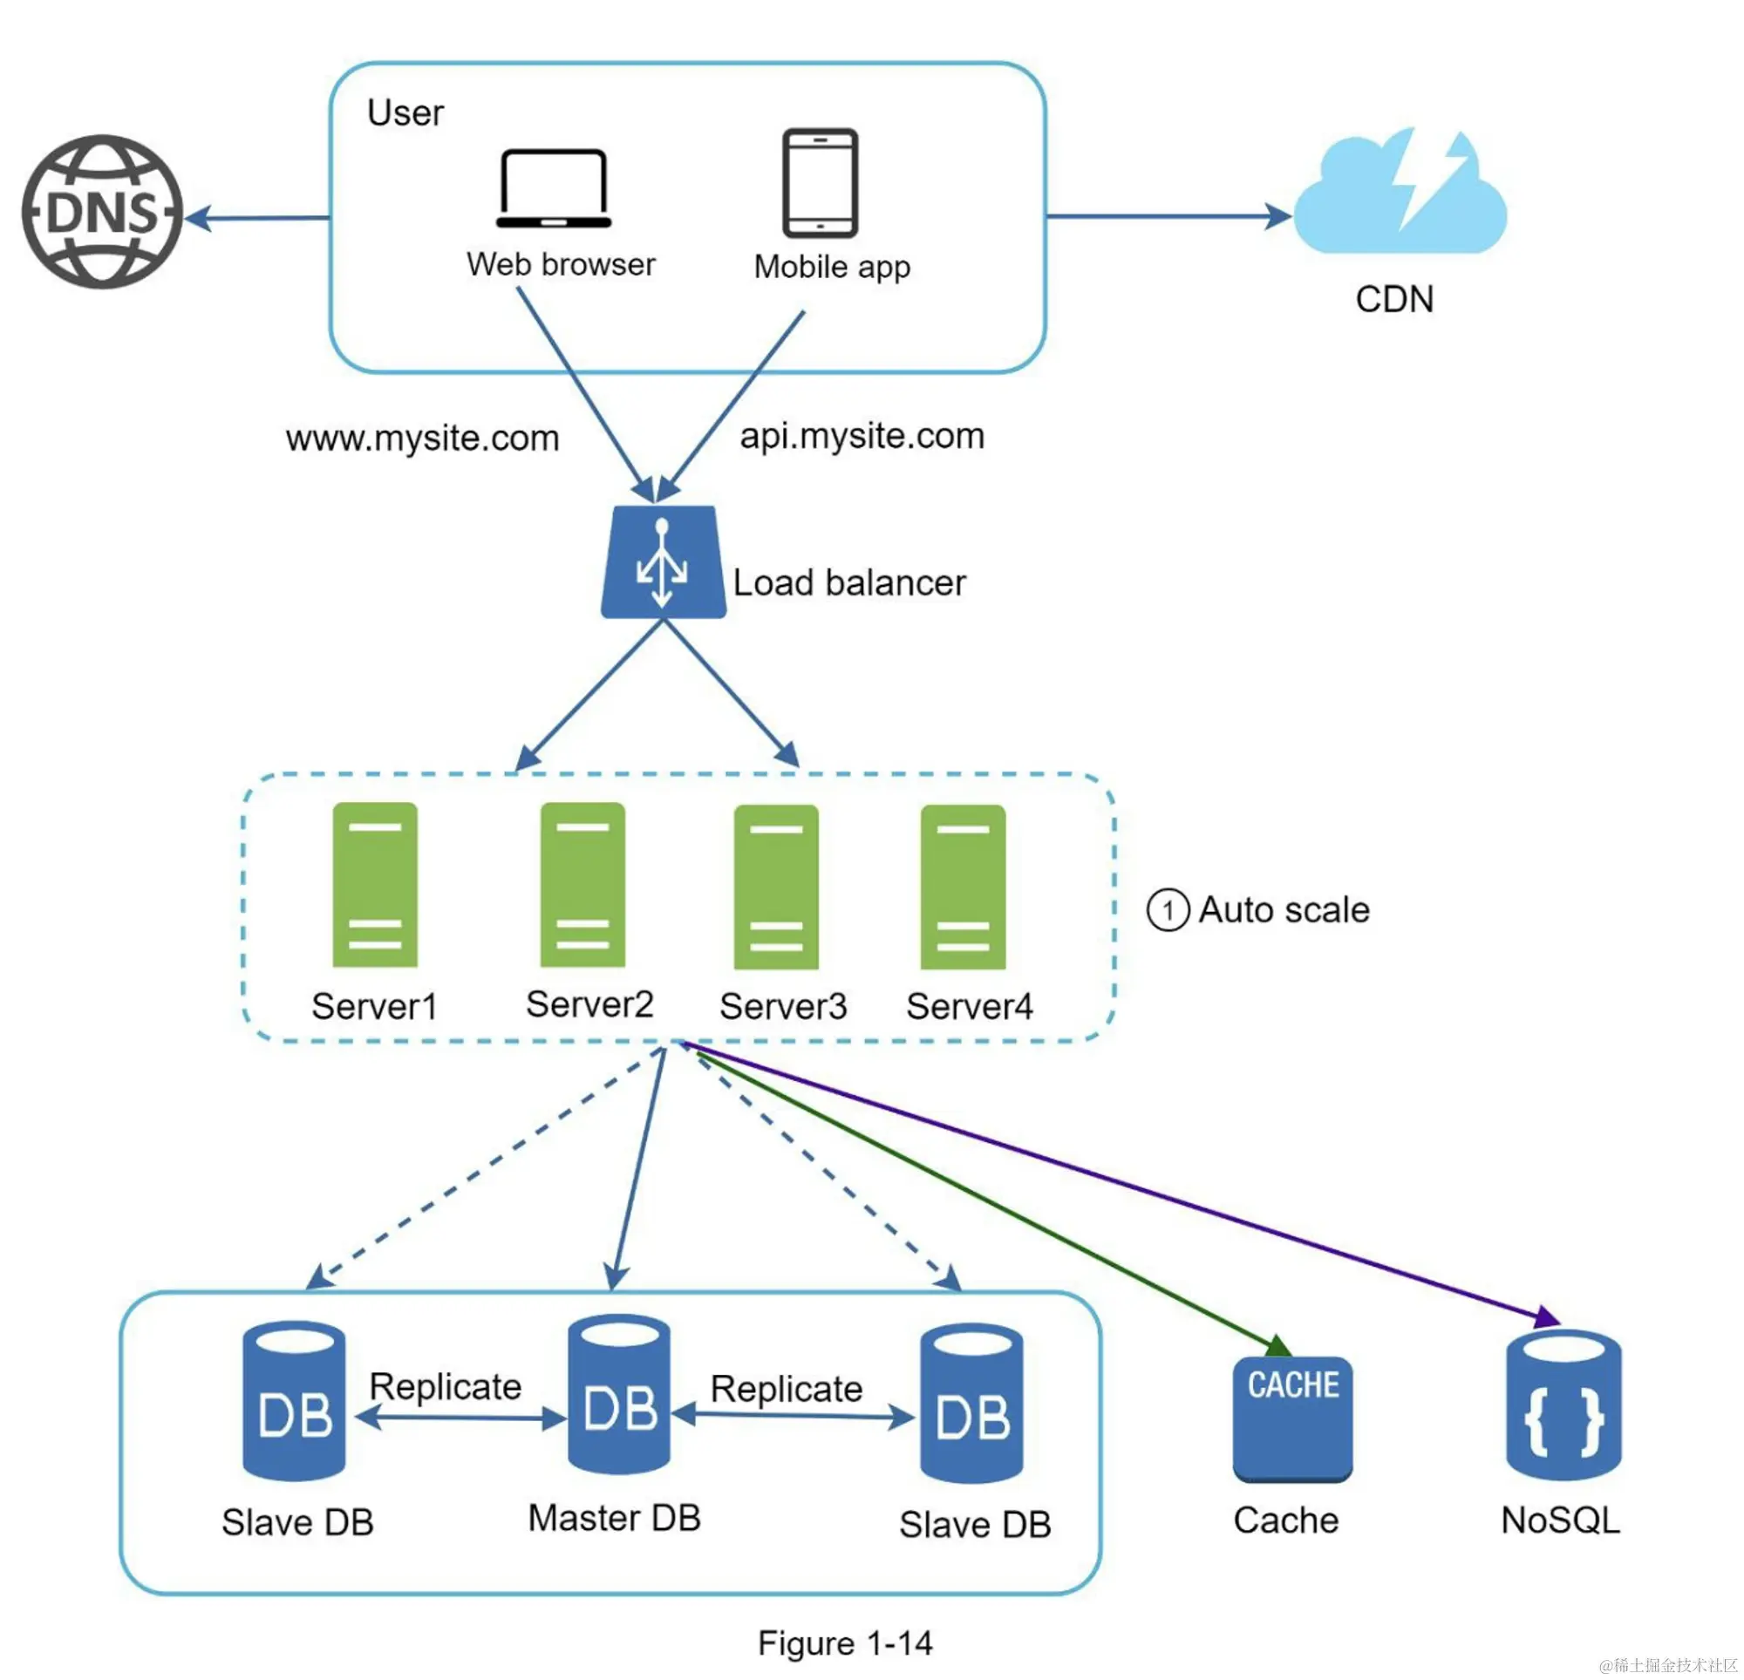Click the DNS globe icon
(102, 212)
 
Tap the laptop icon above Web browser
(554, 188)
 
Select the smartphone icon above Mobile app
(820, 183)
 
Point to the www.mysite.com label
(423, 439)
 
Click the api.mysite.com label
(862, 436)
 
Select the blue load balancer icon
(663, 562)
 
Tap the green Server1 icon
(375, 885)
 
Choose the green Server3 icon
(776, 887)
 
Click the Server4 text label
(969, 1006)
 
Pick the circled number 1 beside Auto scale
(1168, 910)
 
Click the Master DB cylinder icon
(618, 1393)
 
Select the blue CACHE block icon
(1292, 1418)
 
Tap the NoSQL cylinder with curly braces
(1563, 1404)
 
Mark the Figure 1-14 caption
(844, 1643)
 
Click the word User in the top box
(405, 113)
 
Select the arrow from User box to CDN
(1166, 215)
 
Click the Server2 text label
(590, 1004)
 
